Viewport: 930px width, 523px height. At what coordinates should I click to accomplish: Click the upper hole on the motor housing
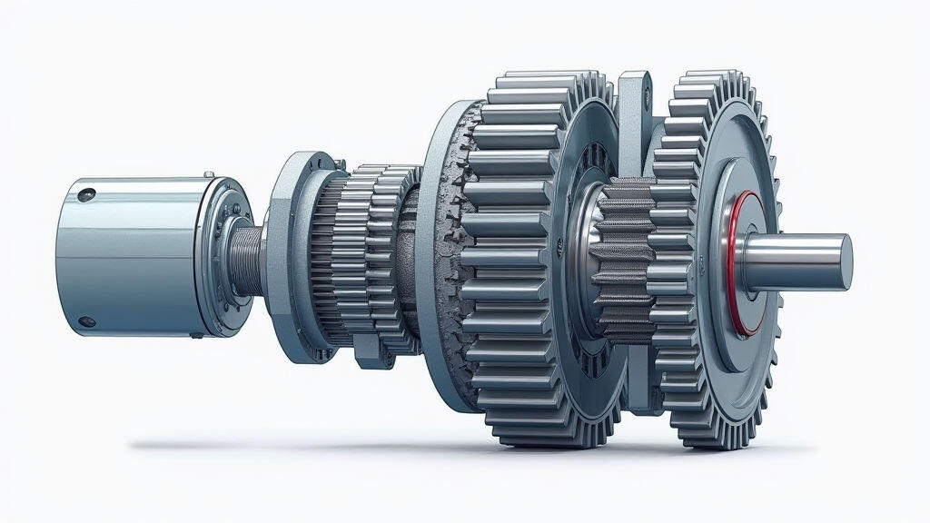[x=87, y=194]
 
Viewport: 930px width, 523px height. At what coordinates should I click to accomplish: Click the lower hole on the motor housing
[x=86, y=321]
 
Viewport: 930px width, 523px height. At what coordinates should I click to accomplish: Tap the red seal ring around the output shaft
[x=737, y=262]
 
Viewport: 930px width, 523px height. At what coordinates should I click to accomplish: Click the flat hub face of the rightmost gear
[x=717, y=263]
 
